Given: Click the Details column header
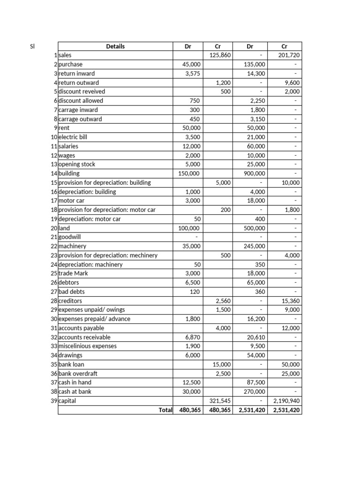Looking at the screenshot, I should coord(115,46).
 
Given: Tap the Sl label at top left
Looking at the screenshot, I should coord(32,46).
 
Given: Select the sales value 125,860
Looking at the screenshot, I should coord(220,55).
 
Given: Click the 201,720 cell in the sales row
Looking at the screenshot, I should coord(289,55).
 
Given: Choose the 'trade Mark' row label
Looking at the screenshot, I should coord(73,273).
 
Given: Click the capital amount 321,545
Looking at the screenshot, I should coord(220,401).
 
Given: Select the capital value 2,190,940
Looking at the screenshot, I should coord(286,401).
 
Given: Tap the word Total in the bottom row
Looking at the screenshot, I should coord(165,410).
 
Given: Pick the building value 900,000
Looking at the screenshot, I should coord(254,173).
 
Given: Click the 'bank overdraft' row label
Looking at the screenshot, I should coord(78,374).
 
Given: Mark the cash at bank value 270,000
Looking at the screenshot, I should coord(254,392).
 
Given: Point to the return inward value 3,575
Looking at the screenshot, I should coord(193,74).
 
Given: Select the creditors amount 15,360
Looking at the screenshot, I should coord(291,301).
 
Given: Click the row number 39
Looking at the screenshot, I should coord(54,401).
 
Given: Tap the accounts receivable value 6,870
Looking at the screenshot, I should coord(193,337).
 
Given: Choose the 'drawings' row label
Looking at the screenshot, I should coord(70,355).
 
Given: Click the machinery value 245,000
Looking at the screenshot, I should coord(254,246).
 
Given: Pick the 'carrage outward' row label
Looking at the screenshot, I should coord(80,119).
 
